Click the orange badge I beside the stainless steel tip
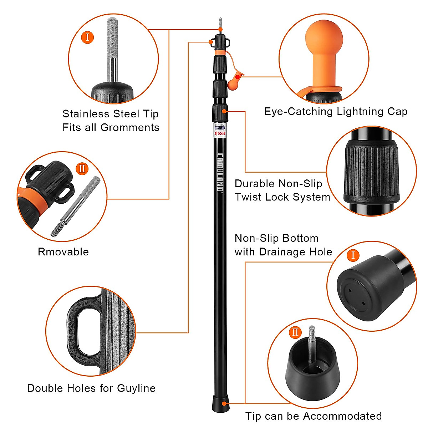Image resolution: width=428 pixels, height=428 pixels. click(88, 37)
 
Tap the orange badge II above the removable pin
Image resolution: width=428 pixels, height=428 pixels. click(82, 168)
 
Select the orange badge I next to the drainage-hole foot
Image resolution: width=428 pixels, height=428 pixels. click(353, 255)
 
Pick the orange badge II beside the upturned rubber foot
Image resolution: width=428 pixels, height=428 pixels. click(295, 332)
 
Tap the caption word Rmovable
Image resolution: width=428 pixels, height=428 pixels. click(63, 252)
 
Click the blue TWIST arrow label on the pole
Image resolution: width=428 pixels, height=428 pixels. click(220, 128)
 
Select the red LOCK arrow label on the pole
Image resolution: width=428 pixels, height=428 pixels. click(220, 133)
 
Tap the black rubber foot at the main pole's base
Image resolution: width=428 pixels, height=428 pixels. click(220, 404)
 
